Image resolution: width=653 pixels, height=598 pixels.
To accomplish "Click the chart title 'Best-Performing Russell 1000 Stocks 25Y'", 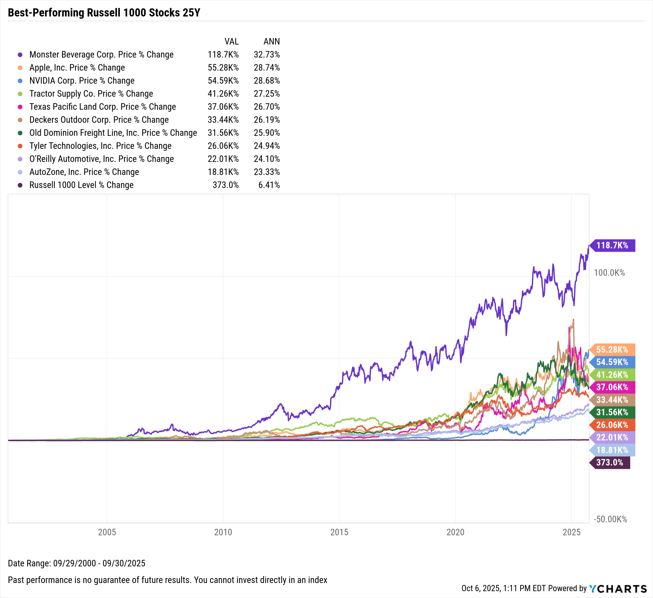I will (104, 13).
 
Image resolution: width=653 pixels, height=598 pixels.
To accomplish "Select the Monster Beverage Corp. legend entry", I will (101, 54).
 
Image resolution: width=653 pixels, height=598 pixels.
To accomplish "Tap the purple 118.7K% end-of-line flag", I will (612, 246).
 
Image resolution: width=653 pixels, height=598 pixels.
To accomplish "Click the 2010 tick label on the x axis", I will (223, 532).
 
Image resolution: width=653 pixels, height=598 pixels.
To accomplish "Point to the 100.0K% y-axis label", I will (609, 273).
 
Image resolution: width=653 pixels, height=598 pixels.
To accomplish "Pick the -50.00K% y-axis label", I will (610, 519).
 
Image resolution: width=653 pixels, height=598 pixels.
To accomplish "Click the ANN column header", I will (272, 41).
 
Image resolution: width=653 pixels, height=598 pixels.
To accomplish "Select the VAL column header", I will (231, 41).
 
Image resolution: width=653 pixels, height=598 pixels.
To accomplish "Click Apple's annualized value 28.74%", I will (267, 67).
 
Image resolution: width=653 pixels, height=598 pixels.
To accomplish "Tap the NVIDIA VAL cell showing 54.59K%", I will (223, 81).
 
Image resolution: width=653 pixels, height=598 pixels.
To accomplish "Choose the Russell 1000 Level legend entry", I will (81, 185).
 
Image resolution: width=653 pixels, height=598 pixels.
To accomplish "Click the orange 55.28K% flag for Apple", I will (612, 350).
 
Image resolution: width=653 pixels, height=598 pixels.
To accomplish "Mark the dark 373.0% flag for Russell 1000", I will (610, 463).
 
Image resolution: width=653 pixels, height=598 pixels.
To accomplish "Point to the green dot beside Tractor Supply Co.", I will (20, 94).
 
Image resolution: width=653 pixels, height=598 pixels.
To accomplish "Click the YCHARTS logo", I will (618, 589).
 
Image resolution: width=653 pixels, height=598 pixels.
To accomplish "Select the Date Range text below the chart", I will (76, 563).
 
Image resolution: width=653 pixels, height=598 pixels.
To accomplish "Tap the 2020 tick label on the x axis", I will (455, 532).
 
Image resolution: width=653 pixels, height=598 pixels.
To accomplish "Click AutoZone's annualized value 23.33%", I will (267, 172).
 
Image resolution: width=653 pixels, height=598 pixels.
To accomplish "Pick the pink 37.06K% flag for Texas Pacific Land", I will (612, 387).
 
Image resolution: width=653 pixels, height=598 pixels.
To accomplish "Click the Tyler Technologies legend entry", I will (100, 146).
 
